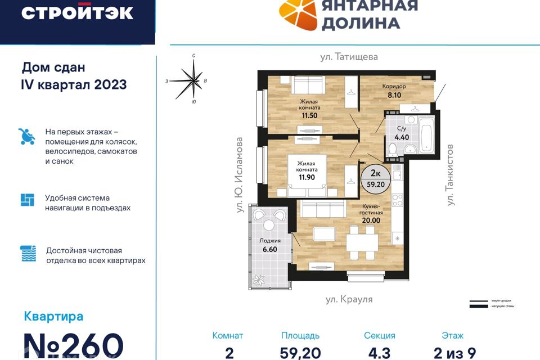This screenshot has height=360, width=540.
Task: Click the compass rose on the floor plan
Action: (193, 80)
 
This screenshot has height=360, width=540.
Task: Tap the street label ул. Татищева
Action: (349, 57)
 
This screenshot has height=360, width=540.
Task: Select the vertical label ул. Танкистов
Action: (450, 174)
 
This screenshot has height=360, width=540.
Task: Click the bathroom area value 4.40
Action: (401, 137)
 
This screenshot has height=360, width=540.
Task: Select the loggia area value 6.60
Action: (268, 249)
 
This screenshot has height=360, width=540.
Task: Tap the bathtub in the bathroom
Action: (425, 135)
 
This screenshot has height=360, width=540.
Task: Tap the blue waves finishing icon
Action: (28, 254)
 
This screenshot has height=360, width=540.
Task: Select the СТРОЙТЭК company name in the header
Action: (77, 12)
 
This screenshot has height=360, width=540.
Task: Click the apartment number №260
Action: (73, 344)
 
